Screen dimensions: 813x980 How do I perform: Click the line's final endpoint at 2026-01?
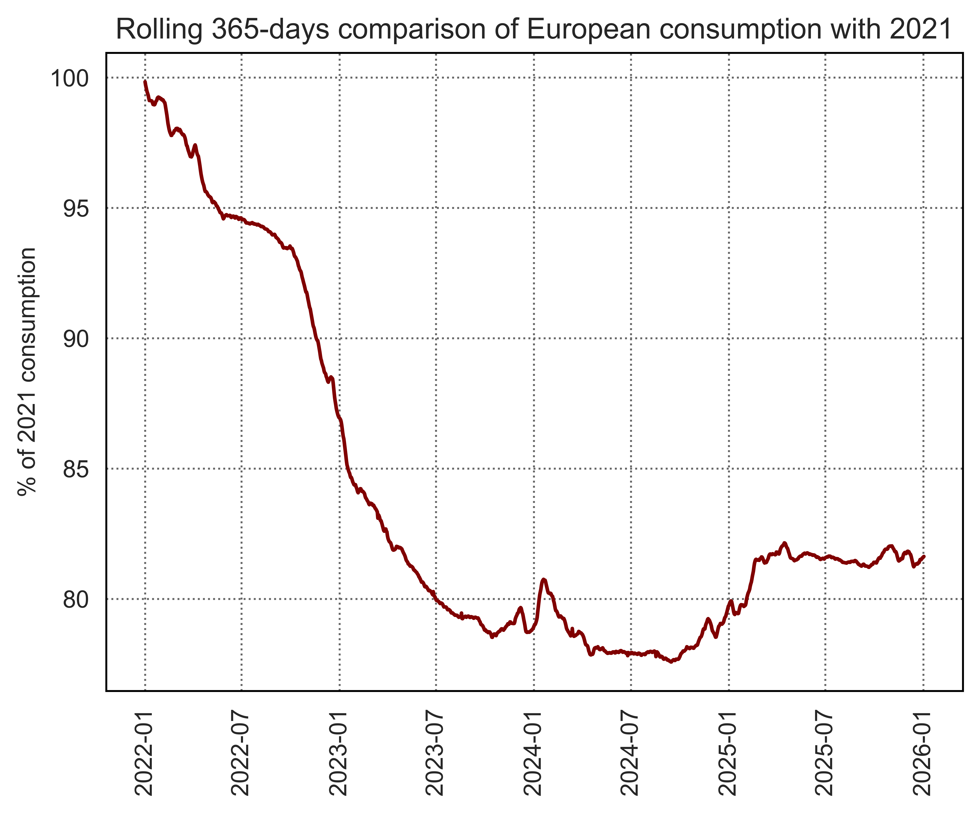point(924,556)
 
